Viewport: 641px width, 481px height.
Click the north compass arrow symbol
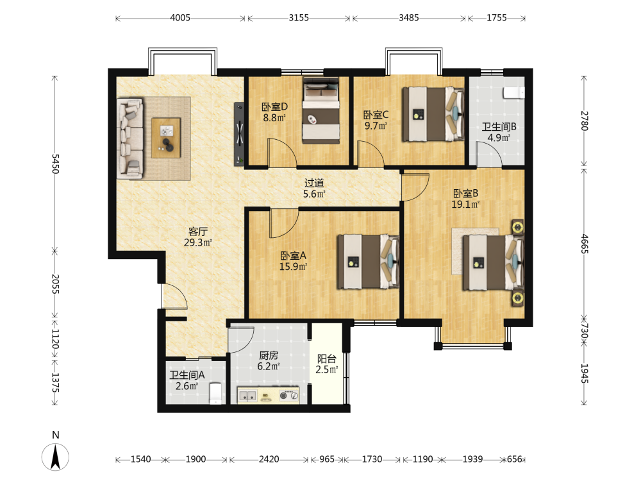click(x=56, y=457)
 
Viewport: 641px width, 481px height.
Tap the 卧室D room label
click(x=274, y=106)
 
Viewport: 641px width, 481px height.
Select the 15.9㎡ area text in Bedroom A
click(x=293, y=267)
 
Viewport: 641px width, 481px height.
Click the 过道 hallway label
click(x=314, y=183)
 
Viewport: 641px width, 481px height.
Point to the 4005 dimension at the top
click(x=180, y=17)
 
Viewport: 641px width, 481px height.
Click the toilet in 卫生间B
click(x=514, y=93)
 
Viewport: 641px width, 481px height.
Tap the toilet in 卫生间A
click(x=215, y=394)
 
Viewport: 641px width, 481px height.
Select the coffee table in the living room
click(x=166, y=138)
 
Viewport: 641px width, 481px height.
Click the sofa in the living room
click(x=130, y=139)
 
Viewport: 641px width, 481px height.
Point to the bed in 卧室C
click(x=433, y=114)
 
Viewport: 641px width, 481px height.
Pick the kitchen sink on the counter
click(x=247, y=396)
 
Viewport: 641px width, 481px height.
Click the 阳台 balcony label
click(x=327, y=359)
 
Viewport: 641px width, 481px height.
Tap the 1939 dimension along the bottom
click(x=472, y=459)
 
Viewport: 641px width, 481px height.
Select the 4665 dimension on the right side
click(x=585, y=244)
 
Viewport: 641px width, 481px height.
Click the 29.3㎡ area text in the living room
click(x=198, y=242)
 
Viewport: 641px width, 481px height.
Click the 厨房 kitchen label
click(x=269, y=355)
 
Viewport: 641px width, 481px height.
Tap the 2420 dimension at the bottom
click(x=269, y=459)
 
